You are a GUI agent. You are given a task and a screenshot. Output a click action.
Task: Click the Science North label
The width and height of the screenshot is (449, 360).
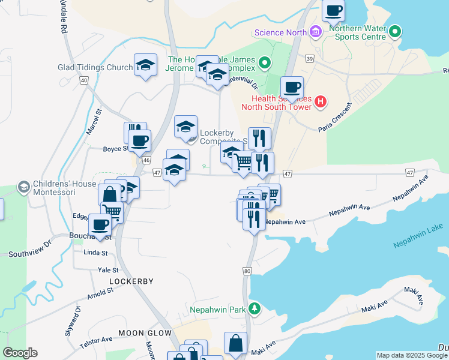[280, 32]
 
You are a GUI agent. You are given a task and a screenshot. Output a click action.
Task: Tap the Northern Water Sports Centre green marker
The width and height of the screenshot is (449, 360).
[394, 31]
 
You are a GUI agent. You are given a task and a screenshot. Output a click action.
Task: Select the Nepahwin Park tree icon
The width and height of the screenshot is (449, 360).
[256, 308]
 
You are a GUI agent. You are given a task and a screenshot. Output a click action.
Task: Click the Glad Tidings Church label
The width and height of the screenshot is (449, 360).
[95, 68]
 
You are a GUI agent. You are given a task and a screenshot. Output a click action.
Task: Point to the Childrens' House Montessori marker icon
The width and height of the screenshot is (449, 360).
[24, 187]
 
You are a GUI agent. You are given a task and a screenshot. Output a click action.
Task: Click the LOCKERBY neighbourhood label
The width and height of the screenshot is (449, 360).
[131, 281]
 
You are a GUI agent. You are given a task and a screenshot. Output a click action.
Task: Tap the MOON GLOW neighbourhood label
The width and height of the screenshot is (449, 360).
[145, 332]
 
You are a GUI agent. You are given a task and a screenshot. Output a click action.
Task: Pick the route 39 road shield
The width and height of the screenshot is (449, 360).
[310, 58]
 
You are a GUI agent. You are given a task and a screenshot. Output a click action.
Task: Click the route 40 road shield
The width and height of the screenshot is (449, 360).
[83, 80]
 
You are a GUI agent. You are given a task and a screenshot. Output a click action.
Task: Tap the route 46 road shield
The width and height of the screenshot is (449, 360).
[146, 161]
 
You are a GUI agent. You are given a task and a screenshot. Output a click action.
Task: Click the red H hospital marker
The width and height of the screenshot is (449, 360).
[321, 102]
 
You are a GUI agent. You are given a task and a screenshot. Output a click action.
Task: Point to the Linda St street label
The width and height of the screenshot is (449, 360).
[95, 253]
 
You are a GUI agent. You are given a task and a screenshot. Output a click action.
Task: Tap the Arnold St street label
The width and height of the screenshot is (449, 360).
[100, 292]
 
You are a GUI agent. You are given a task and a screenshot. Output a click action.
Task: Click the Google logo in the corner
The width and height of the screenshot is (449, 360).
[20, 352]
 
